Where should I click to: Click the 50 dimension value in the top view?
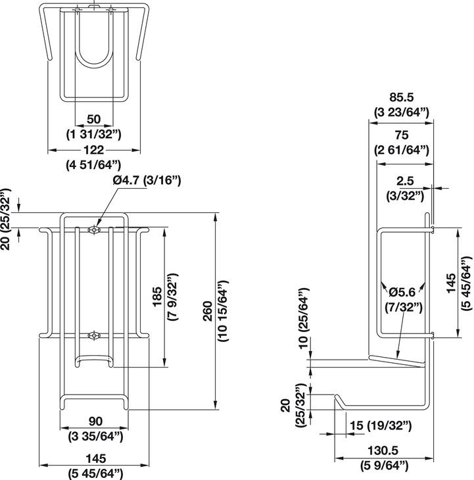pos(93,118)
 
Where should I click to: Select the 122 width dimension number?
pos(93,150)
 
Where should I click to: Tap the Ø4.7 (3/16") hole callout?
pos(145,180)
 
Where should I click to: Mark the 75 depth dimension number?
pos(401,134)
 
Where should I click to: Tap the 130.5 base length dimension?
pos(385,452)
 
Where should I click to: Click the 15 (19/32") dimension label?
pos(381,425)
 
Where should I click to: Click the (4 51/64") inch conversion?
pos(93,164)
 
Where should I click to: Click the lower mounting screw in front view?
pos(95,336)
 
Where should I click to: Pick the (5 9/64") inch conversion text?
pos(385,466)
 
